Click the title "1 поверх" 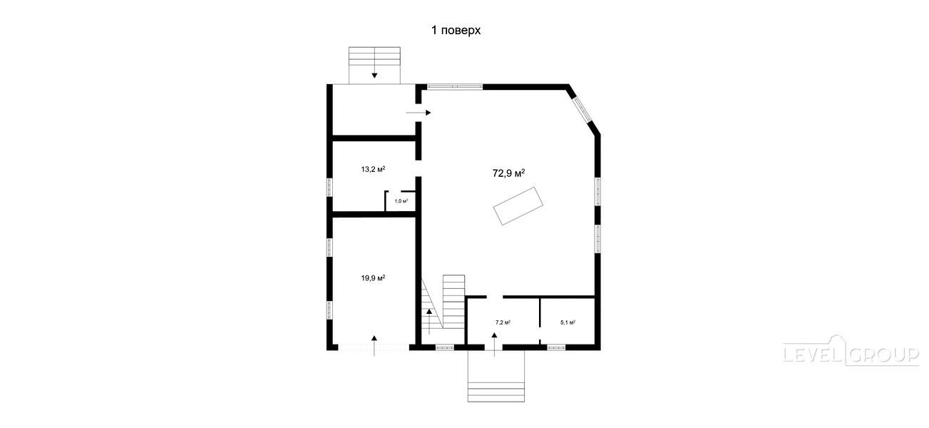click(456, 30)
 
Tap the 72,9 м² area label click(509, 173)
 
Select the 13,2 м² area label click(374, 169)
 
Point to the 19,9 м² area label click(374, 277)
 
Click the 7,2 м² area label click(503, 322)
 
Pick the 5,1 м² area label click(568, 322)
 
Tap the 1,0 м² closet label click(401, 201)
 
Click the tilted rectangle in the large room click(518, 206)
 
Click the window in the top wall click(455, 87)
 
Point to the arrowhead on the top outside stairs click(374, 76)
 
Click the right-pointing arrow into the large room click(419, 113)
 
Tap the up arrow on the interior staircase click(428, 321)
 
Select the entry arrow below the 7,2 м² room click(494, 344)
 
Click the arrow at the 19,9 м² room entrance click(374, 345)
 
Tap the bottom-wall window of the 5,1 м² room click(556, 347)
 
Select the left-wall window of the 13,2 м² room click(329, 187)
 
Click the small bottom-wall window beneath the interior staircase click(445, 347)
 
